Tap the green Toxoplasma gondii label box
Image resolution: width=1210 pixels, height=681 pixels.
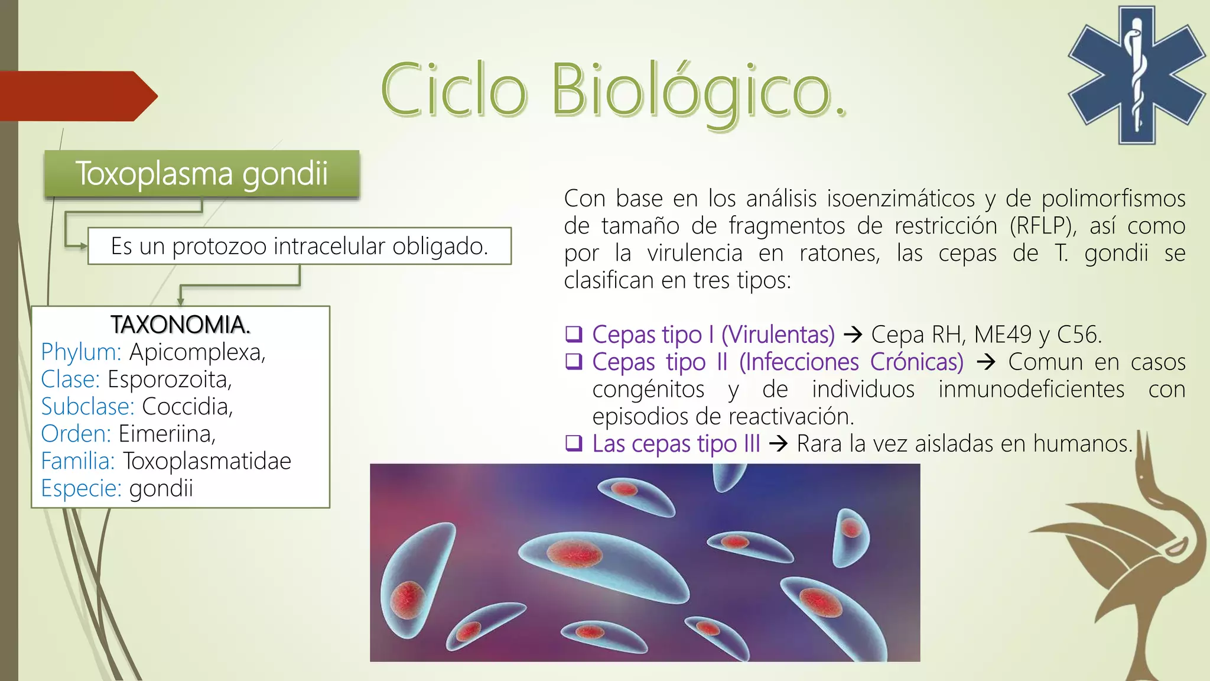pyautogui.click(x=201, y=174)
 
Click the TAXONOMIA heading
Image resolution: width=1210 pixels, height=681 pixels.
pyautogui.click(x=180, y=325)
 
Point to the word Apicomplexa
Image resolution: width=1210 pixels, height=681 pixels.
pyautogui.click(x=197, y=352)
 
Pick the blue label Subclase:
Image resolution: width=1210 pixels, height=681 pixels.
pyautogui.click(x=88, y=407)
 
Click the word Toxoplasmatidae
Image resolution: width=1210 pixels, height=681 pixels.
pyautogui.click(x=207, y=461)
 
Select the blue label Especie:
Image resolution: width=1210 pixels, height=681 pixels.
pyautogui.click(x=82, y=489)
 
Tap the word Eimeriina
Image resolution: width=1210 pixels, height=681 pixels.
pyautogui.click(x=167, y=434)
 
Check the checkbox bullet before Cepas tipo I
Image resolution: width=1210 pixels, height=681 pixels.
pyautogui.click(x=574, y=335)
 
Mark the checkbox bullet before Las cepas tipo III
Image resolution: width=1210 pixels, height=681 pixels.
pyautogui.click(x=574, y=443)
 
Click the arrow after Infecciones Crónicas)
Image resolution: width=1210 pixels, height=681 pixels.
pyautogui.click(x=985, y=362)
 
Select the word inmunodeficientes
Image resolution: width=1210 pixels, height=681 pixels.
pyautogui.click(x=1032, y=390)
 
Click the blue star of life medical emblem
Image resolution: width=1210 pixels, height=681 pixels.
pyautogui.click(x=1136, y=75)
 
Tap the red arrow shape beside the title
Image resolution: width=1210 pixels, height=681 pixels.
pyautogui.click(x=79, y=96)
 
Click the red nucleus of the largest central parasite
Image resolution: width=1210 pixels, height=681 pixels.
pyautogui.click(x=574, y=553)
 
